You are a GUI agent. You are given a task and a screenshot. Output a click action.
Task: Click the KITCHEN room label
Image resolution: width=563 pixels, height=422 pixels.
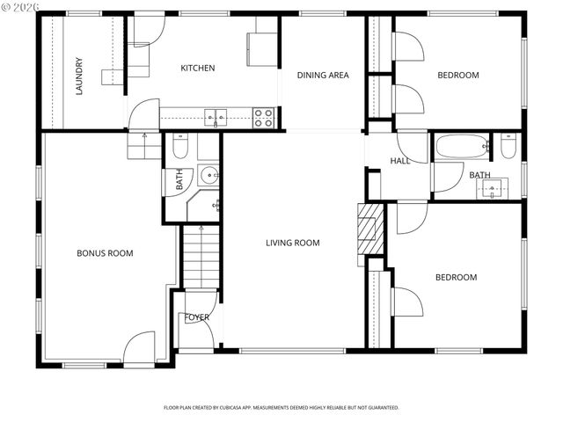[198, 68]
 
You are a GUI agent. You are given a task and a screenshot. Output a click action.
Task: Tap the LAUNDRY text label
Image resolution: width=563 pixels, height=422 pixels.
[79, 76]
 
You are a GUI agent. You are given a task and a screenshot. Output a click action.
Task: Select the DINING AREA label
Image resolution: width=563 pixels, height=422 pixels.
[322, 76]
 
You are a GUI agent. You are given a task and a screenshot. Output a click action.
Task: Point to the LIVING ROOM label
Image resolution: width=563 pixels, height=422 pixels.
[292, 243]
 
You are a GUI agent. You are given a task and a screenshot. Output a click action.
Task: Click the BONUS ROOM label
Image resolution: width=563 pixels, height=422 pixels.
[105, 253]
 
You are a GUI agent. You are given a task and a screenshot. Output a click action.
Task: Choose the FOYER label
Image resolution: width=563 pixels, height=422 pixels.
[196, 317]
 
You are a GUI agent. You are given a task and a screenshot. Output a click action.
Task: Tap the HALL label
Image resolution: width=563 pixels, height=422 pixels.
[400, 161]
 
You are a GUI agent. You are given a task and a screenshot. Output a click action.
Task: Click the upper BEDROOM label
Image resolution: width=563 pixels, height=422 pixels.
[458, 76]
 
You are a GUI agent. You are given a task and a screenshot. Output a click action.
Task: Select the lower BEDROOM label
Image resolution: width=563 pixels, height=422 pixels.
[456, 278]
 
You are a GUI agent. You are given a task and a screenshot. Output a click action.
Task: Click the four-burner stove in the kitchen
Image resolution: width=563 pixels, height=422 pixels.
[263, 118]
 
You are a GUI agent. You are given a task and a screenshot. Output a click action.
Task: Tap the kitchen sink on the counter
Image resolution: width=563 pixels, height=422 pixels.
[216, 118]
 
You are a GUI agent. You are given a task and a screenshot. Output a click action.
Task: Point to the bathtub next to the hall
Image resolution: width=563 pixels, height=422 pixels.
[461, 146]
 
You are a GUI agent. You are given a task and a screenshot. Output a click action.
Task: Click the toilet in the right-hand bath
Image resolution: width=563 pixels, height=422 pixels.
[508, 146]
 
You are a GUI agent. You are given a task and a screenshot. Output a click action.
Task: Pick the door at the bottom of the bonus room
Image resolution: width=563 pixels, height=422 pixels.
[138, 349]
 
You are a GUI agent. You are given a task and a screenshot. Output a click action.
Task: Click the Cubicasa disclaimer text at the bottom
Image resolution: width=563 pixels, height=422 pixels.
[281, 408]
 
